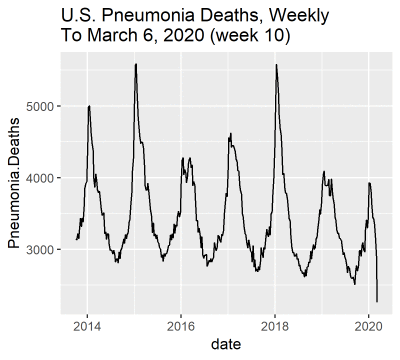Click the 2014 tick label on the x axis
[88, 325]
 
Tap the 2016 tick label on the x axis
[181, 325]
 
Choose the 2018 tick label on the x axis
[275, 325]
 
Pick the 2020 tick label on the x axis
[368, 325]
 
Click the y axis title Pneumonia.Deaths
[15, 181]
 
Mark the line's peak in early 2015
[136, 64]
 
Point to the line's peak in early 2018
[276, 65]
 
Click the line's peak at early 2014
[89, 106]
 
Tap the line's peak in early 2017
[230, 133]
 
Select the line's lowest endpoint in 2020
[377, 301]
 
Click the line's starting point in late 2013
[76, 240]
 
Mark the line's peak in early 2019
[324, 172]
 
